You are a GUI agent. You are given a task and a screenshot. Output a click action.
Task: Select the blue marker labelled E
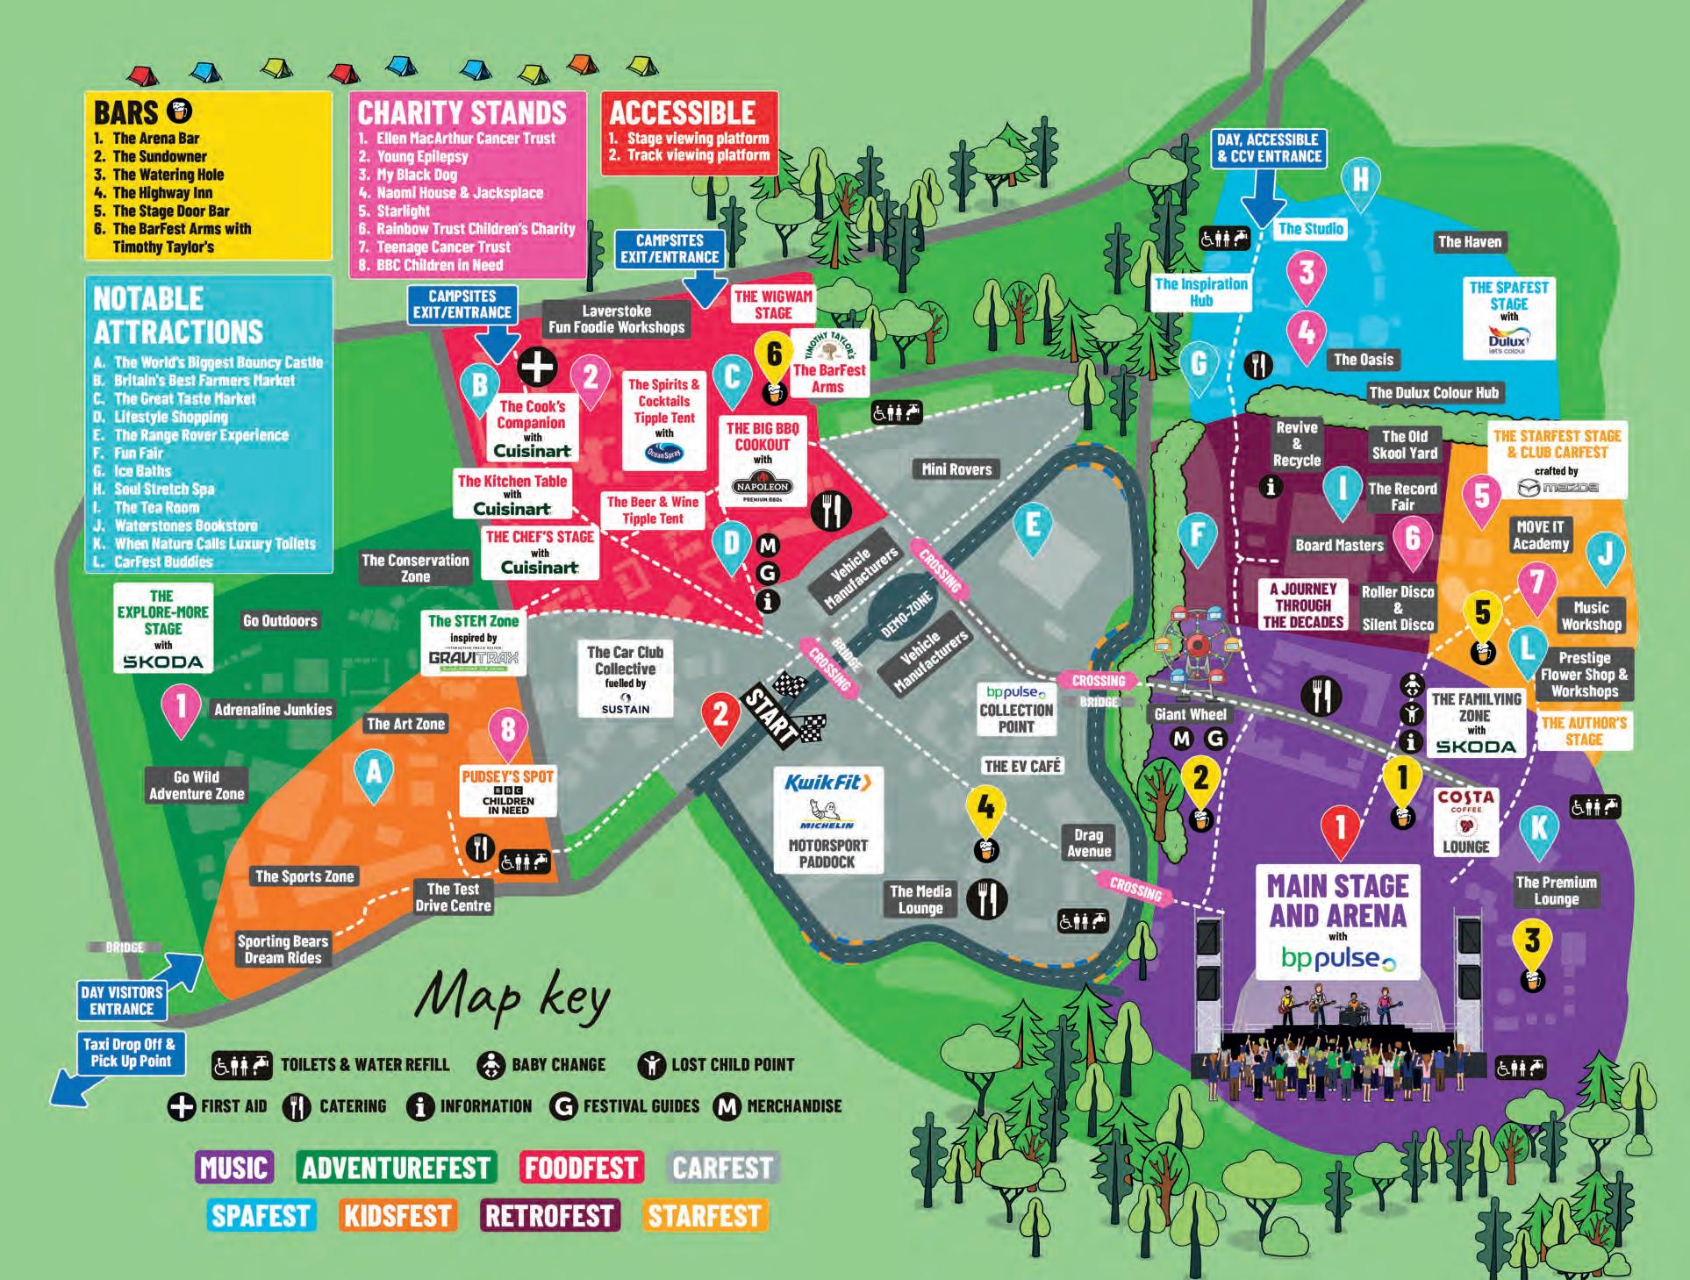[1033, 527]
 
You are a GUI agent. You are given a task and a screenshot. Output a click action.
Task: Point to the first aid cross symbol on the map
[537, 367]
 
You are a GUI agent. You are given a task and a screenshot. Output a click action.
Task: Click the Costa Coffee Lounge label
[1465, 821]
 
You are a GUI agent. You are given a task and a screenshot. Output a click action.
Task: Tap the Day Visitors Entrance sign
[121, 1000]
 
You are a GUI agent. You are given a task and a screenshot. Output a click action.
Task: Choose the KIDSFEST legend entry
[397, 1216]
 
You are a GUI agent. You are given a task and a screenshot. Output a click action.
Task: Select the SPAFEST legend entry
[261, 1216]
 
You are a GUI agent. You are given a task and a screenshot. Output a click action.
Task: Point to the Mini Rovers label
[956, 469]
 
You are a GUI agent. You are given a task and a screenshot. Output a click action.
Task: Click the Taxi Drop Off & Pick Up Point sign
[130, 1052]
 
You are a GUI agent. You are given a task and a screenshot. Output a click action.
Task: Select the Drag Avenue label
[1088, 843]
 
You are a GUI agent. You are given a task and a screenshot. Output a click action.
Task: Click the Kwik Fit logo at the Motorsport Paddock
[827, 783]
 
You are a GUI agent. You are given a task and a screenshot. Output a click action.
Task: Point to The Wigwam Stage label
[773, 304]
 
